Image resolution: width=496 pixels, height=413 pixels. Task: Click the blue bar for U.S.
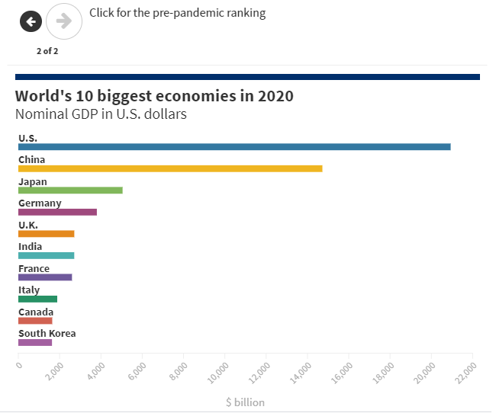pos(234,146)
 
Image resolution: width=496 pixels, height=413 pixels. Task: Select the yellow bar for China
pos(170,168)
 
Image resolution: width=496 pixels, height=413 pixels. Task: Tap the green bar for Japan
pos(70,190)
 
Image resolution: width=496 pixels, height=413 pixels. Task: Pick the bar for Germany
pos(57,212)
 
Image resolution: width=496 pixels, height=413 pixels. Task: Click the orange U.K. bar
pos(46,233)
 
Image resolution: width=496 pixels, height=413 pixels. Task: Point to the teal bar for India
pos(46,255)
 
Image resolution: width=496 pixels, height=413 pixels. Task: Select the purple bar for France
pos(45,277)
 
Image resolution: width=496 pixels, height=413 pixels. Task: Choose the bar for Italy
pos(37,299)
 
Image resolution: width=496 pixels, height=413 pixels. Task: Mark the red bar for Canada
pos(35,321)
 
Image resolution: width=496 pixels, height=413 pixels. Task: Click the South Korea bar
pos(35,342)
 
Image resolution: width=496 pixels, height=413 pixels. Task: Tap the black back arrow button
pos(31,21)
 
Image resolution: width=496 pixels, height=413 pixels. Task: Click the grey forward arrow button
pos(64,21)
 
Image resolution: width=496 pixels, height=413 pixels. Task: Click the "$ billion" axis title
pos(245,402)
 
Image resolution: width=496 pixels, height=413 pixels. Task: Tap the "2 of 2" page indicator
pos(47,51)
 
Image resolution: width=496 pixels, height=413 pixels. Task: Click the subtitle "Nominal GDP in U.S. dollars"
pos(101,114)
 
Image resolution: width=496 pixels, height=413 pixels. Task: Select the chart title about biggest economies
pos(154,96)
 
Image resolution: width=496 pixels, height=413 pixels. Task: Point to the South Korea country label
pos(47,333)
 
